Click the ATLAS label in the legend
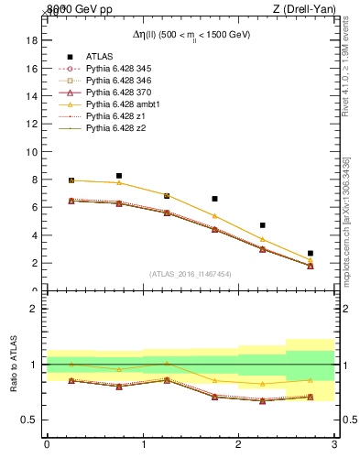point(99,57)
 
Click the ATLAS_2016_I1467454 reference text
point(190,274)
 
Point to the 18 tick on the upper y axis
point(31,40)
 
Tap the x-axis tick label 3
point(334,446)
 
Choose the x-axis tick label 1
point(143,446)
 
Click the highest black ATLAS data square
point(119,176)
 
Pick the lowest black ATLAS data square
point(311,253)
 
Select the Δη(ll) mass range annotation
point(191,34)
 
